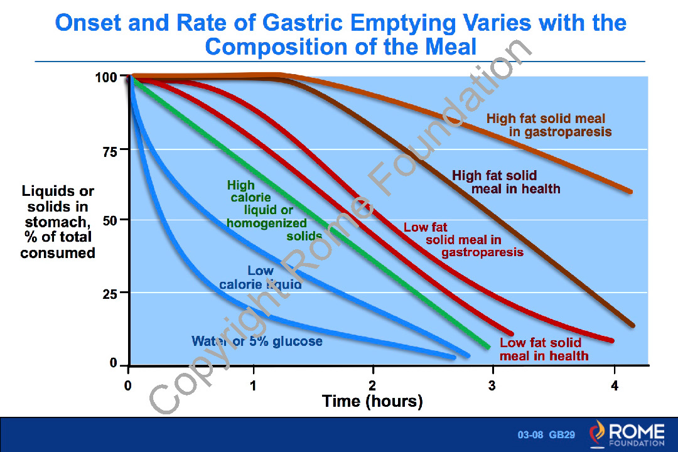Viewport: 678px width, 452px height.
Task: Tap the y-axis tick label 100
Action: (107, 78)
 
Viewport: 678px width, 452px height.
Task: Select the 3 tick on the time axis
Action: (492, 386)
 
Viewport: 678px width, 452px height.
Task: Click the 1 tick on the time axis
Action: (254, 386)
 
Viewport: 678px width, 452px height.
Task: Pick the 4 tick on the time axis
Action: (615, 386)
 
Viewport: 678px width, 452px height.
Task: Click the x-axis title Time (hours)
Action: (372, 401)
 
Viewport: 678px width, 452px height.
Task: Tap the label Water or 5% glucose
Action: (257, 342)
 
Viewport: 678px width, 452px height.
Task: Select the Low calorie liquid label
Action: (261, 277)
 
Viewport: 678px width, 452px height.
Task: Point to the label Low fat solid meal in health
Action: (544, 350)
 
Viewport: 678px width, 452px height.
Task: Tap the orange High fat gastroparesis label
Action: (549, 125)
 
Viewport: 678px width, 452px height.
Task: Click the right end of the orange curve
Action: (630, 191)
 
